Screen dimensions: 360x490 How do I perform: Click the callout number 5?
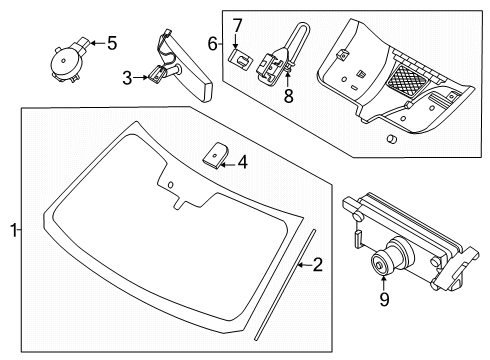(x=112, y=43)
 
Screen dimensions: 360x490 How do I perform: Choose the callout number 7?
(x=237, y=23)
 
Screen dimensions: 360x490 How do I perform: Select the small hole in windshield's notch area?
(x=171, y=187)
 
